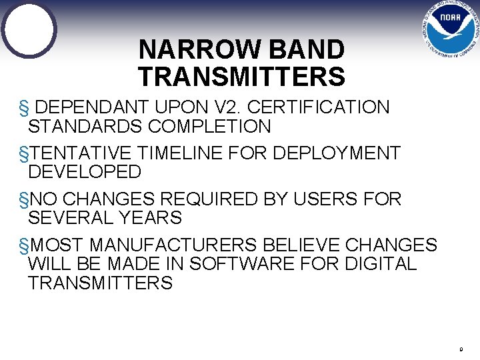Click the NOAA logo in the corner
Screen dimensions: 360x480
pos(450,30)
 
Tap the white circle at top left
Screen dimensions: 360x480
pos(29,29)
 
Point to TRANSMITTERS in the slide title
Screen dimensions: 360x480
pos(242,77)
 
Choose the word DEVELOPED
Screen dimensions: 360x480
pos(85,172)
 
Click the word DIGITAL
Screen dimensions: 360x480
pos(381,263)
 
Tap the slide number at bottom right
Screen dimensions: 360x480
pos(461,349)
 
